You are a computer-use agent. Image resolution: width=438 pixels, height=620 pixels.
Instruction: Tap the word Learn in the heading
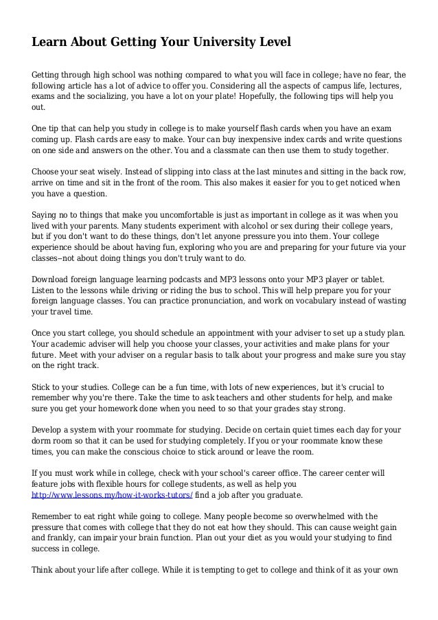[x=51, y=42]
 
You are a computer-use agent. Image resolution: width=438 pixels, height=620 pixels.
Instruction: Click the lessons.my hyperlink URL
[x=113, y=494]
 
